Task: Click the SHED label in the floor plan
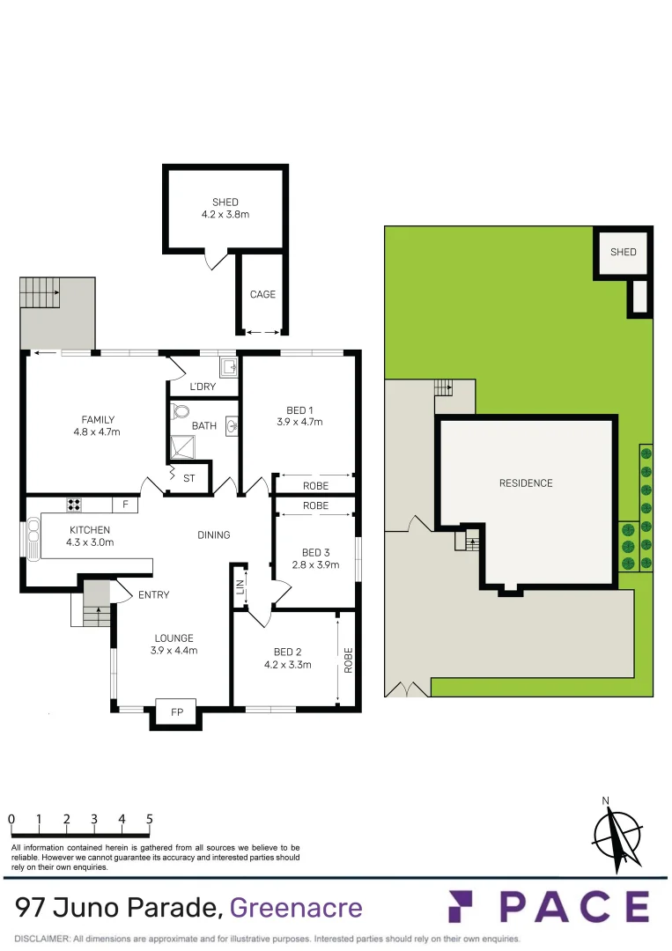point(225,203)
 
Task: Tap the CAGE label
point(262,294)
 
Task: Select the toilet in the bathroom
point(182,411)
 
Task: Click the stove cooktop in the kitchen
point(75,505)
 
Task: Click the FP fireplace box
point(176,712)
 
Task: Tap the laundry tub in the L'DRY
point(228,366)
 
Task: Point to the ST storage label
point(189,479)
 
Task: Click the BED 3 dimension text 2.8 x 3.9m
point(315,565)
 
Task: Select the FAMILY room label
point(98,419)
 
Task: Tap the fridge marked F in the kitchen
point(125,505)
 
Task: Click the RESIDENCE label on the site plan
point(526,483)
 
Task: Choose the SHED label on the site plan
point(623,252)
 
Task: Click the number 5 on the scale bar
point(149,819)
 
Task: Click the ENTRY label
point(153,595)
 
